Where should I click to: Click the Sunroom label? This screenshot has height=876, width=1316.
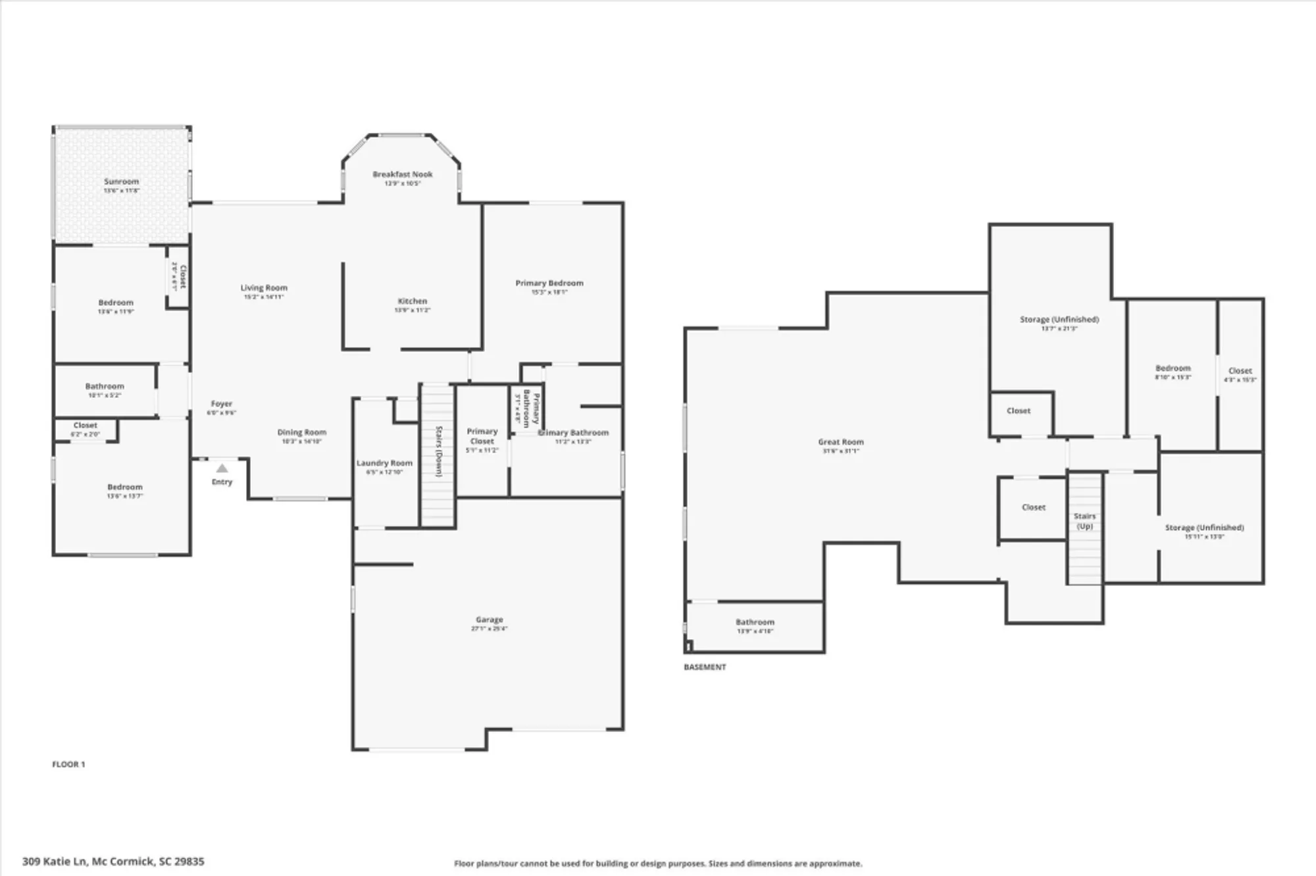pyautogui.click(x=122, y=182)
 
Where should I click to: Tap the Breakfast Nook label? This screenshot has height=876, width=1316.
pyautogui.click(x=403, y=174)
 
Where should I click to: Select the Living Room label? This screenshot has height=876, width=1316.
pyautogui.click(x=264, y=288)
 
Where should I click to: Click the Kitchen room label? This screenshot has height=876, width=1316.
pyautogui.click(x=413, y=301)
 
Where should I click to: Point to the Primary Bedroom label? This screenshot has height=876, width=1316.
pyautogui.click(x=549, y=283)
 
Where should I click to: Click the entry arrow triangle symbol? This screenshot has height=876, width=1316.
pyautogui.click(x=222, y=468)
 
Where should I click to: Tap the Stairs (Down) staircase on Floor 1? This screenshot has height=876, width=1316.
pyautogui.click(x=438, y=454)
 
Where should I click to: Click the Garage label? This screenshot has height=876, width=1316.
pyautogui.click(x=490, y=620)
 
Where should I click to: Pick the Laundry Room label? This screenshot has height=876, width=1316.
pyautogui.click(x=384, y=463)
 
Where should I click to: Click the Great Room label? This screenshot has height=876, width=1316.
pyautogui.click(x=841, y=442)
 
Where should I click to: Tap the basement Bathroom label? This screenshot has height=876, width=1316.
pyautogui.click(x=755, y=622)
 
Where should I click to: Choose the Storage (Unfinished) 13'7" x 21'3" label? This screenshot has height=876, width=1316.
pyautogui.click(x=1059, y=320)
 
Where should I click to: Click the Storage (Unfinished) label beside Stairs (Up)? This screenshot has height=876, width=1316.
pyautogui.click(x=1204, y=527)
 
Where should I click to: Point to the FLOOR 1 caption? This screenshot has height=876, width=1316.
pyautogui.click(x=68, y=764)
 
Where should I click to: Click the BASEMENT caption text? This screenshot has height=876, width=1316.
pyautogui.click(x=705, y=667)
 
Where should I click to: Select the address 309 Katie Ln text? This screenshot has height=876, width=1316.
pyautogui.click(x=113, y=861)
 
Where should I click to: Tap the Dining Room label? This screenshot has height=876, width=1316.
pyautogui.click(x=302, y=433)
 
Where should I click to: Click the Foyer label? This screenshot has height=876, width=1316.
pyautogui.click(x=222, y=404)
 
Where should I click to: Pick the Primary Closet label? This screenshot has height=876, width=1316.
pyautogui.click(x=482, y=436)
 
